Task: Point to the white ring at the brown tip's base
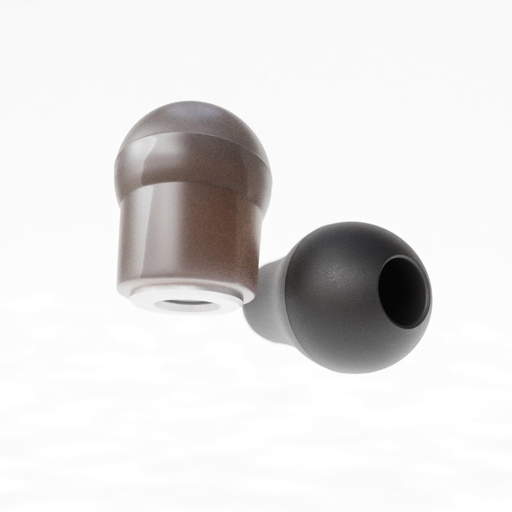(x=188, y=302)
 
